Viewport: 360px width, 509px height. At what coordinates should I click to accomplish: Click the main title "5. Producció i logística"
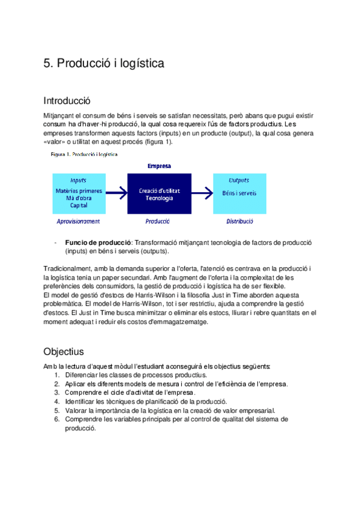(104, 64)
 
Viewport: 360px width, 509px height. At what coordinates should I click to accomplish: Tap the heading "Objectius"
(64, 351)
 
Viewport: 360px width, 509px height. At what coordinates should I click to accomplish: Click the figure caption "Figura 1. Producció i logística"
(84, 154)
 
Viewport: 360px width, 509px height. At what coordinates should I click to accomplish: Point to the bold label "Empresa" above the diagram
(158, 166)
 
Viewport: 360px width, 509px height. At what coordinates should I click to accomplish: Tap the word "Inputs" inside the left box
(78, 180)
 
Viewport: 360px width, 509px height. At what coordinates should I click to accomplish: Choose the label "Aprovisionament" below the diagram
(78, 221)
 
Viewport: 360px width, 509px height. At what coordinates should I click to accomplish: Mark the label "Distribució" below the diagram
(239, 221)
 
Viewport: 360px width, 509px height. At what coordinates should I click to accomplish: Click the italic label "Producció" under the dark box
(158, 221)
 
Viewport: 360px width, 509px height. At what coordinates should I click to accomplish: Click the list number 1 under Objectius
(56, 375)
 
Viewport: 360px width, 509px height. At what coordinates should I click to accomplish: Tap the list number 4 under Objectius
(56, 401)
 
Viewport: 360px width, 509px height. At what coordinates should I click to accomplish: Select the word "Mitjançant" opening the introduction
(59, 115)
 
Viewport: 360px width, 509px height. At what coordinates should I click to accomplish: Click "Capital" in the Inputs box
(79, 205)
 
